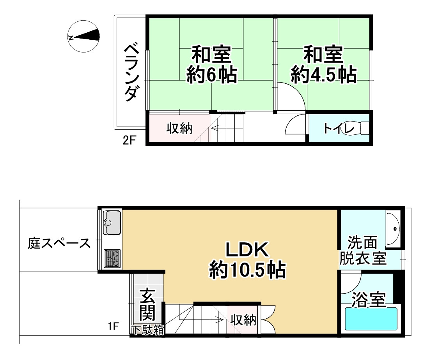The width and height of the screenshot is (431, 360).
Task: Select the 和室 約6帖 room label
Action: [212, 65]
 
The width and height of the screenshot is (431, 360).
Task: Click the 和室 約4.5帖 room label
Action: [323, 65]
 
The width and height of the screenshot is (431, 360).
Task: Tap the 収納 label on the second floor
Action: [180, 128]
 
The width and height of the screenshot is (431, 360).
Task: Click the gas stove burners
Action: [112, 258]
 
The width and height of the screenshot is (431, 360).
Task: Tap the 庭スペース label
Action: [59, 244]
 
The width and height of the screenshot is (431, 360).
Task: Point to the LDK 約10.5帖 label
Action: [247, 260]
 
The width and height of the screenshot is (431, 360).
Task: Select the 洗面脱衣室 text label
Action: [363, 251]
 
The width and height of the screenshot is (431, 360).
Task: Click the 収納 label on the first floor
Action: [243, 320]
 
